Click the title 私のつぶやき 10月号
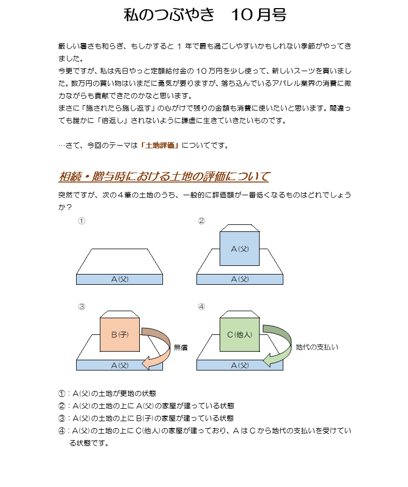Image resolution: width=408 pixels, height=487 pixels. (x=205, y=15)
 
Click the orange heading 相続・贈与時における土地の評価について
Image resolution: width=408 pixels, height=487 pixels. (x=164, y=176)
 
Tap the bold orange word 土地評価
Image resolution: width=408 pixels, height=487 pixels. (x=160, y=146)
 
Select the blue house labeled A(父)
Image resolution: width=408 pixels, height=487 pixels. (x=240, y=245)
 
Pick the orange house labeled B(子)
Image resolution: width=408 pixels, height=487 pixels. (x=120, y=331)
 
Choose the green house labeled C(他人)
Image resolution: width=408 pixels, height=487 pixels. (x=240, y=331)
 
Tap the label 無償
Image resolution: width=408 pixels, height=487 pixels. (x=181, y=347)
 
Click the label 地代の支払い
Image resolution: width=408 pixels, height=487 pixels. (x=317, y=347)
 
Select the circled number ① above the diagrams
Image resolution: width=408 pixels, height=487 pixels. (x=81, y=221)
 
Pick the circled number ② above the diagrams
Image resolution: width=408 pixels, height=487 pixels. (x=201, y=221)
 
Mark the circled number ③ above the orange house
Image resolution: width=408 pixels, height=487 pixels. (x=81, y=307)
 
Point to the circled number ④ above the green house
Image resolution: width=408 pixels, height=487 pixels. (x=201, y=307)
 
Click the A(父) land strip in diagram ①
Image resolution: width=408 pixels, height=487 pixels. (x=120, y=279)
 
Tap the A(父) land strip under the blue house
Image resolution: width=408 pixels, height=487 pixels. (x=240, y=279)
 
